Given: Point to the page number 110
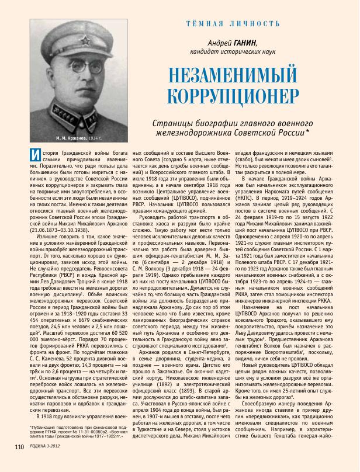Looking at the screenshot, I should pos(19,463).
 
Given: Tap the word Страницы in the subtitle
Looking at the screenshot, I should pos(171,123).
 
